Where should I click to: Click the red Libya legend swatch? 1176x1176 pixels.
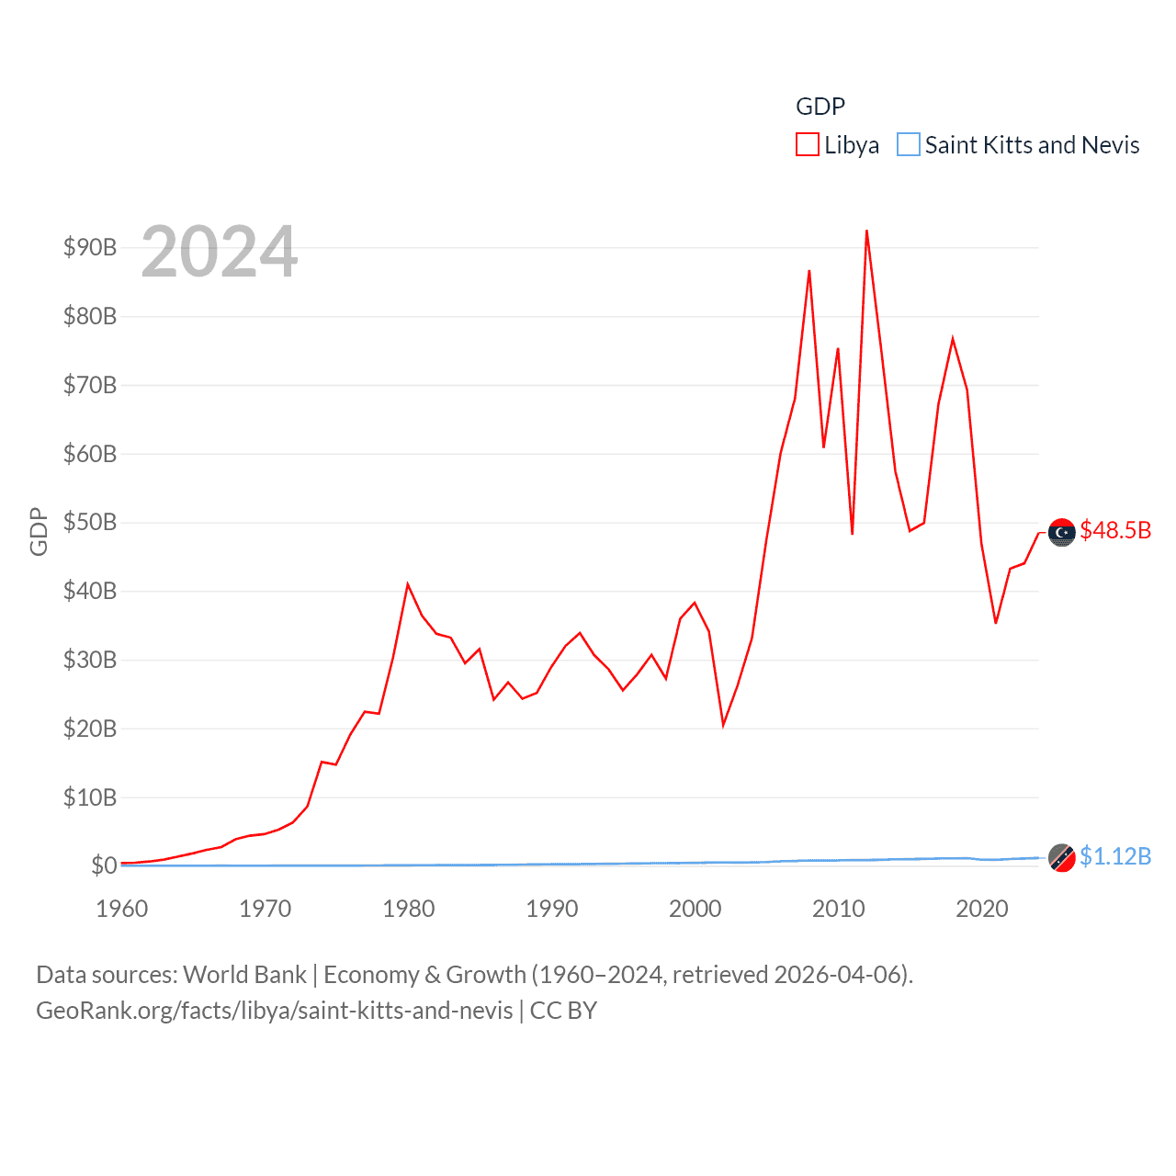tap(807, 145)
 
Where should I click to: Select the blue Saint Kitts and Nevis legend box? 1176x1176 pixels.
tap(908, 145)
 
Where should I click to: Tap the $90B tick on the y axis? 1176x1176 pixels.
tap(90, 247)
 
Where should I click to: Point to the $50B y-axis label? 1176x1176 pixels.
tap(90, 522)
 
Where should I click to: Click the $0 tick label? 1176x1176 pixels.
tap(104, 865)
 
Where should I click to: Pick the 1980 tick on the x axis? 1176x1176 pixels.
tap(409, 909)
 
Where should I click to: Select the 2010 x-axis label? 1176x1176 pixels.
tap(838, 909)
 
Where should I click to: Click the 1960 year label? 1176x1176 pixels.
tap(122, 909)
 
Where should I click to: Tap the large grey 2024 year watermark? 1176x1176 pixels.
tap(220, 251)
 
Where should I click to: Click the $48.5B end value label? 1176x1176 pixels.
tap(1115, 530)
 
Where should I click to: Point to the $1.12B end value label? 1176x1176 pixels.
tap(1115, 856)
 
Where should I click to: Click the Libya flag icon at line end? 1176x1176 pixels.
tap(1062, 532)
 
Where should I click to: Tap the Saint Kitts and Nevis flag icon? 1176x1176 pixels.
tap(1062, 857)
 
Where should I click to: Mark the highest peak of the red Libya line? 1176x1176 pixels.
tap(866, 232)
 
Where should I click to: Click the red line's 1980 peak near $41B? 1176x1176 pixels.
tap(408, 584)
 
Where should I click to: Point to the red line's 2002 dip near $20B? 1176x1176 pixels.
tap(723, 725)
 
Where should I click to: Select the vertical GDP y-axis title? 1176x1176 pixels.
tap(39, 531)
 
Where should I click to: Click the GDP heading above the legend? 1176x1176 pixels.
tap(820, 107)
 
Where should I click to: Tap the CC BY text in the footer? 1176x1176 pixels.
tap(563, 1011)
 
